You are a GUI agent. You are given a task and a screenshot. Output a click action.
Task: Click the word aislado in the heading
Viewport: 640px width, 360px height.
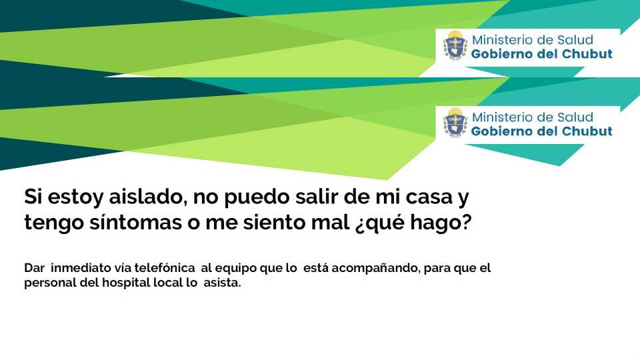pyautogui.click(x=148, y=197)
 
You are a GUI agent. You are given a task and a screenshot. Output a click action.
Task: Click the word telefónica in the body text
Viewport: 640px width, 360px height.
pyautogui.click(x=165, y=268)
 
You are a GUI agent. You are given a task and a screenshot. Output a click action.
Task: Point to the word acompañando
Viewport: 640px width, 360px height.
pyautogui.click(x=375, y=268)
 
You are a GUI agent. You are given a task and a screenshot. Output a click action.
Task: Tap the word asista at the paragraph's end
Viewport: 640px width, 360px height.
pyautogui.click(x=222, y=283)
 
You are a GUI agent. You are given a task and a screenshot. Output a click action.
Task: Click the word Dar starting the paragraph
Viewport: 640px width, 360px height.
pyautogui.click(x=34, y=268)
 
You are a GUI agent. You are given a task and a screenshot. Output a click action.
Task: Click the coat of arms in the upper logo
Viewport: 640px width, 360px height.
pyautogui.click(x=455, y=45)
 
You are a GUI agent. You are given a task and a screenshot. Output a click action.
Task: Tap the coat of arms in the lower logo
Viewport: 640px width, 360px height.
pyautogui.click(x=455, y=123)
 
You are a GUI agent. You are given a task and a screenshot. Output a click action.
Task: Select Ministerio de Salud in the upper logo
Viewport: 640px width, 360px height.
pyautogui.click(x=532, y=40)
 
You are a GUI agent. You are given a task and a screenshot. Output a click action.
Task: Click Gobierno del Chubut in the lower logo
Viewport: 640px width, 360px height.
pyautogui.click(x=541, y=131)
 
